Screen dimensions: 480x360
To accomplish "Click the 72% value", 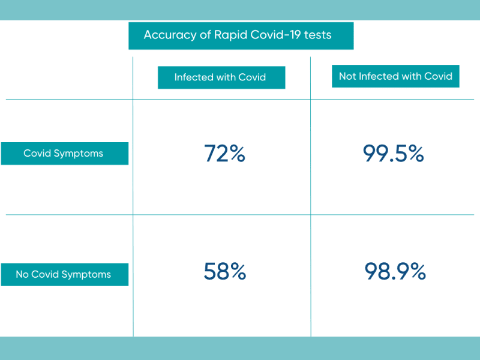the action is click(224, 153).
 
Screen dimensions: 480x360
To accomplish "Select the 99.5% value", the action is click(394, 153).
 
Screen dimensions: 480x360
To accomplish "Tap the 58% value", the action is click(224, 271).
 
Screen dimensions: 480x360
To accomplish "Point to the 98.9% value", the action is click(395, 271).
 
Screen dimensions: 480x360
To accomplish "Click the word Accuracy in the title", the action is click(170, 35).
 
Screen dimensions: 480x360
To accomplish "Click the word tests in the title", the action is click(318, 35).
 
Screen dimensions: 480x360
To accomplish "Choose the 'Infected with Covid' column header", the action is click(220, 77).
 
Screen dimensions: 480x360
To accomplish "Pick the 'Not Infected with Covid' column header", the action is click(395, 76).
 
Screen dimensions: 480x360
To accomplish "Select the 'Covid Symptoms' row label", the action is click(64, 154).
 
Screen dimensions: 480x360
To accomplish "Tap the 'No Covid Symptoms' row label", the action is click(64, 275).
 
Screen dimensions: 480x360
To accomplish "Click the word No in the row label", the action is click(22, 274).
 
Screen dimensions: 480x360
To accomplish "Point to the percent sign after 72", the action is click(237, 153).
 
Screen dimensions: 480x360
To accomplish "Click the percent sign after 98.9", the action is click(418, 271).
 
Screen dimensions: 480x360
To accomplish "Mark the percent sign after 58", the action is click(238, 271).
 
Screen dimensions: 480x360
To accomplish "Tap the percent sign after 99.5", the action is click(416, 153).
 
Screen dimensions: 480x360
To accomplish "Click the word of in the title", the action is click(205, 35).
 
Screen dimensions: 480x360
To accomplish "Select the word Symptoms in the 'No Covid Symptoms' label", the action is click(86, 275).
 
